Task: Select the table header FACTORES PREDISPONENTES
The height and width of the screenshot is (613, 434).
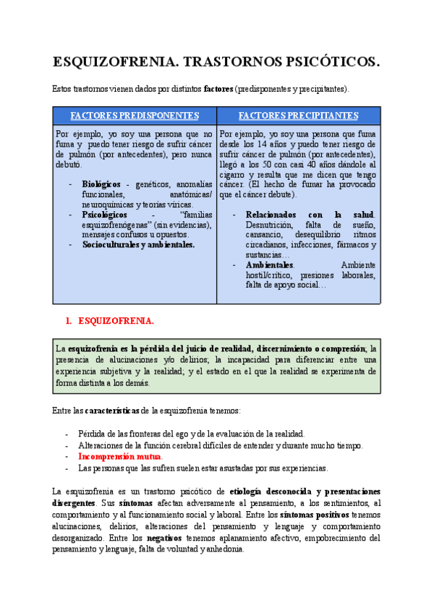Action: click(x=135, y=116)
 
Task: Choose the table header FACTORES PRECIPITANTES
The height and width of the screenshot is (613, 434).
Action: click(x=298, y=116)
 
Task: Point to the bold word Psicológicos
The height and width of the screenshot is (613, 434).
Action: click(x=105, y=215)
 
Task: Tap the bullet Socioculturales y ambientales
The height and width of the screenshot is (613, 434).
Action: click(x=138, y=245)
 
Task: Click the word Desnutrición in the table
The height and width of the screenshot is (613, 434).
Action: click(x=272, y=225)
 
